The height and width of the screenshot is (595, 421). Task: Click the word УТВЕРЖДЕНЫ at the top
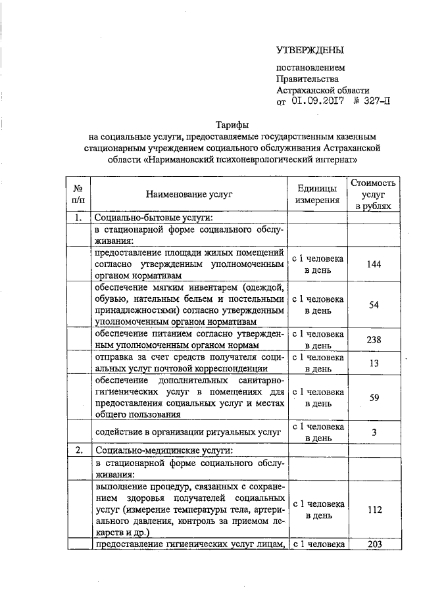coord(310,50)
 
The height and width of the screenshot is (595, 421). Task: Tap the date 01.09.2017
coord(313,101)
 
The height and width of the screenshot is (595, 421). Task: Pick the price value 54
coord(373,305)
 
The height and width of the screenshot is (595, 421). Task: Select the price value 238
coord(373,340)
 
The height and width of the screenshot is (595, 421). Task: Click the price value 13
coord(373,364)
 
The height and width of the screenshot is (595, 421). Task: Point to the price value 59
coord(373,397)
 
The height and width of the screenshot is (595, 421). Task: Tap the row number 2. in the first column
coord(78,450)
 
